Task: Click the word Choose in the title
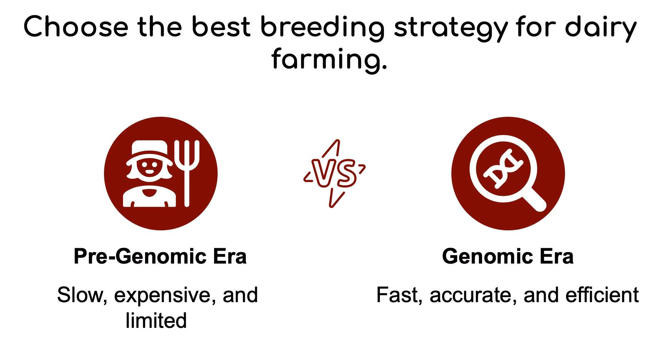point(76,27)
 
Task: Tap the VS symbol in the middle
point(334,174)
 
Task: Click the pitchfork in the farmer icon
point(186,173)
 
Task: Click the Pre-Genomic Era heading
point(160,256)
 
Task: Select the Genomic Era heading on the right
point(508,256)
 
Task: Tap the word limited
point(156,320)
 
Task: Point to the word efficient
point(602,295)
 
